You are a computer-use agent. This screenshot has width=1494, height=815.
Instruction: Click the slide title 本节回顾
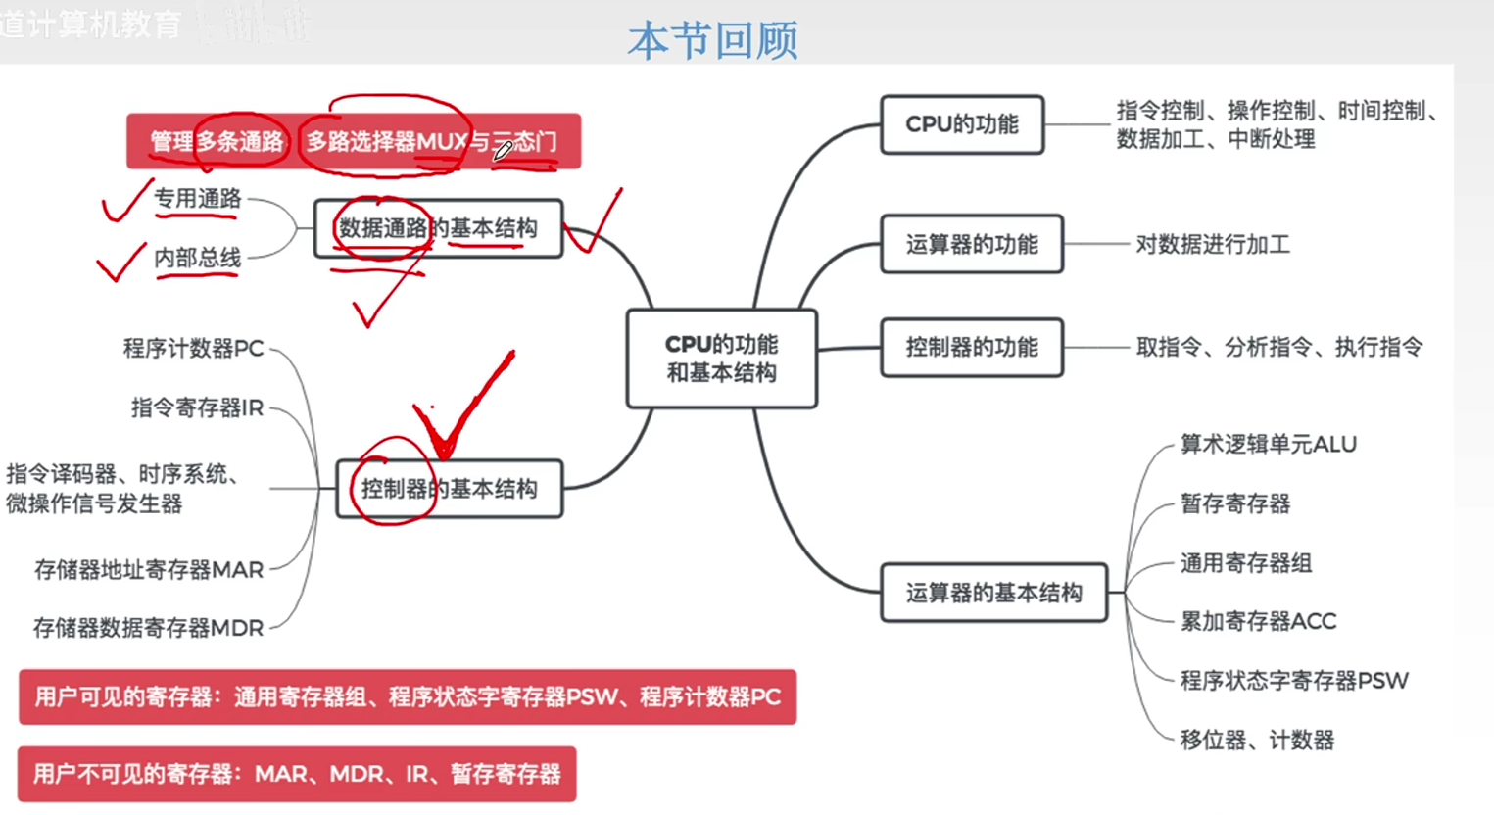click(712, 41)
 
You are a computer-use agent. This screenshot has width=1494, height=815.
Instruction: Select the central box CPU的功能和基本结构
click(721, 359)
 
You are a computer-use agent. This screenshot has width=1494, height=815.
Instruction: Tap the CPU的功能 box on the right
click(961, 124)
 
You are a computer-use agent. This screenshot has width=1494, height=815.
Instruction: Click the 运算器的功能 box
click(971, 244)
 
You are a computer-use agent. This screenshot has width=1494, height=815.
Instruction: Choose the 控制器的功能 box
click(971, 347)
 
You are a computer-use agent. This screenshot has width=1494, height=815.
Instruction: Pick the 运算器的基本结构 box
click(993, 593)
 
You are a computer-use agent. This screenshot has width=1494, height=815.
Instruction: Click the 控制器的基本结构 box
click(450, 489)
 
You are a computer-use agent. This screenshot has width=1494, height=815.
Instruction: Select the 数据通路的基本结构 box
click(438, 228)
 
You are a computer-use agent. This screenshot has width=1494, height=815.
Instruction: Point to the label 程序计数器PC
click(193, 348)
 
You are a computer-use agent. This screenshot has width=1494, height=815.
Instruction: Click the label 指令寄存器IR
click(197, 407)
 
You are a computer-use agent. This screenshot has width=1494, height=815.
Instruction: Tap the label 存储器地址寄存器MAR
click(149, 569)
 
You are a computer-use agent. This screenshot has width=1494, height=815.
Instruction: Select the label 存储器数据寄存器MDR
click(148, 628)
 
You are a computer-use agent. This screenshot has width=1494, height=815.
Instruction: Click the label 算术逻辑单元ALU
click(1268, 445)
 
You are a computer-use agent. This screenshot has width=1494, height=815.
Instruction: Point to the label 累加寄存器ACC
click(1258, 621)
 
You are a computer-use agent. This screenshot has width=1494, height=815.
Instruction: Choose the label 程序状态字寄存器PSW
click(1293, 681)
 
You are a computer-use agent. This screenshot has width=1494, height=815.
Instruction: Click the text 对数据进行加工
click(1212, 244)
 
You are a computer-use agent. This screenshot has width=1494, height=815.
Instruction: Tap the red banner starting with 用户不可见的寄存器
click(297, 774)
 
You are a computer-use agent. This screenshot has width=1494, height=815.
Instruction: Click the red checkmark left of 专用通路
click(125, 201)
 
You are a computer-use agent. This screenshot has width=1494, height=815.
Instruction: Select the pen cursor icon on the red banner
click(503, 150)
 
